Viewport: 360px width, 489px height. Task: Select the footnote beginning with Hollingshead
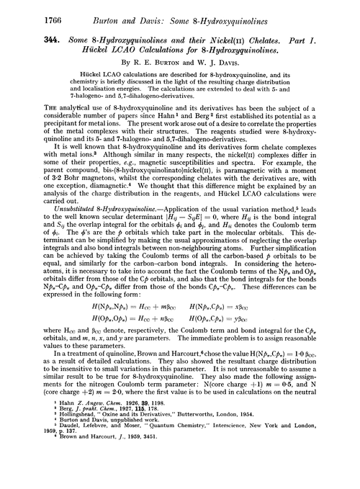144,439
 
